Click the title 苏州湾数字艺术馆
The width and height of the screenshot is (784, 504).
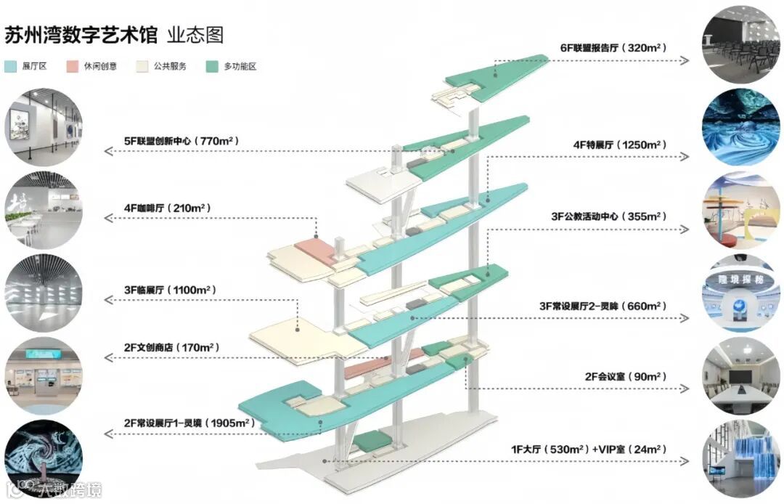point(81,35)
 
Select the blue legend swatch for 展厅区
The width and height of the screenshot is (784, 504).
point(10,67)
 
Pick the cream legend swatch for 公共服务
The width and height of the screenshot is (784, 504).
point(142,67)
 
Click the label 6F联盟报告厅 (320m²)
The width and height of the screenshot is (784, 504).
point(613,48)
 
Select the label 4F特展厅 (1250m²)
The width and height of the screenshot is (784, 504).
point(619,145)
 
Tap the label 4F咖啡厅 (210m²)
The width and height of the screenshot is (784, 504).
point(167,208)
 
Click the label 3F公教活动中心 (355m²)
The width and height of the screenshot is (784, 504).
point(608,216)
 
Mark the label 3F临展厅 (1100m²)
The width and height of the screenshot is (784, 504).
point(170,290)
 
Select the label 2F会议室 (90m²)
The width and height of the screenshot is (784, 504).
point(625,377)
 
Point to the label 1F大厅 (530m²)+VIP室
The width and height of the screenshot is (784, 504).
point(588,450)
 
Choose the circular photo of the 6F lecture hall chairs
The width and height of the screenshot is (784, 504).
point(740,42)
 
